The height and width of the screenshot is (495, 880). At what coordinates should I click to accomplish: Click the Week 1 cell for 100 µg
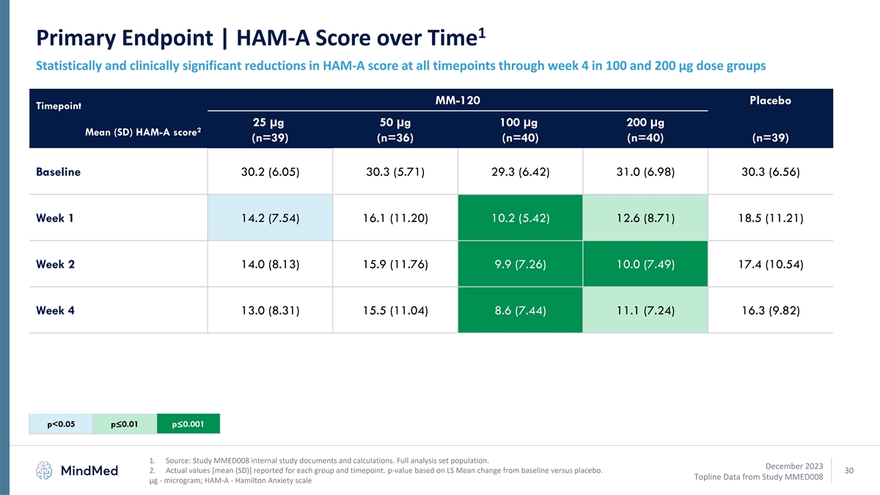coord(520,218)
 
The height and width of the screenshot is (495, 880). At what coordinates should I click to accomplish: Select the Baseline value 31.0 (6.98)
coord(645,172)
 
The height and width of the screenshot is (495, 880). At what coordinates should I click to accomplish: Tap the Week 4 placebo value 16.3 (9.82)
coord(770,310)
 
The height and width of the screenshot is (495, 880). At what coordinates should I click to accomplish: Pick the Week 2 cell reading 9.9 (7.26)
coord(520,264)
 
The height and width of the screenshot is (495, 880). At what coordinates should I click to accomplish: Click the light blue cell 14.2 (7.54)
coord(270,218)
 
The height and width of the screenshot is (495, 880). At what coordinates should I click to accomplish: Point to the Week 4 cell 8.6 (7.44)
coord(520,310)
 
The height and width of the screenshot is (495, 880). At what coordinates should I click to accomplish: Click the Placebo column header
coord(770,100)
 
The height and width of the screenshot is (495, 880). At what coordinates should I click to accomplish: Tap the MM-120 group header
coord(458,100)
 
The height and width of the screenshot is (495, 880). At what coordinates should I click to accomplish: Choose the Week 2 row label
coord(55,264)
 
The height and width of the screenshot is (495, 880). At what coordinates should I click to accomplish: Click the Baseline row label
coord(58,172)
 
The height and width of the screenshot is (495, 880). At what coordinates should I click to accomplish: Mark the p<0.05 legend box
coord(62,424)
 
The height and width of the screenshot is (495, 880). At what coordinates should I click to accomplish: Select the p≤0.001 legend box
coord(188,424)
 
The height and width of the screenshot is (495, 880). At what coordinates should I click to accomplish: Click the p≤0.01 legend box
coord(125,424)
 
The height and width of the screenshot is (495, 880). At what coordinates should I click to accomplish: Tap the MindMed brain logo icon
coord(46,470)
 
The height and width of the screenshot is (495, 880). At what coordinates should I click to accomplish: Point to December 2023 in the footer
coord(794,466)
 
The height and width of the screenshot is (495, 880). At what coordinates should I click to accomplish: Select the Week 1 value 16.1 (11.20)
coord(395,218)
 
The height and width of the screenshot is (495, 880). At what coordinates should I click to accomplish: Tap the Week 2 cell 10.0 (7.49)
coord(645,264)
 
